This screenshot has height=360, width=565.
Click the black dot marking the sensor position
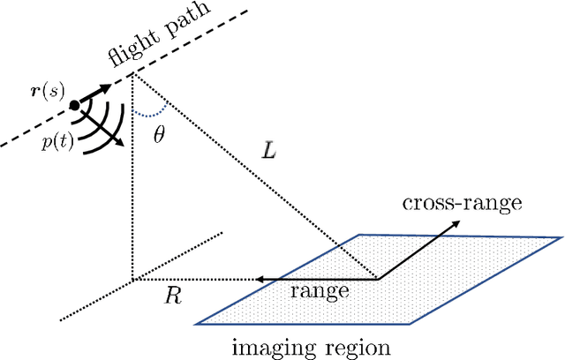tap(74, 105)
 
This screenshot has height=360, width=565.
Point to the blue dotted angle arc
tap(149, 113)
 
